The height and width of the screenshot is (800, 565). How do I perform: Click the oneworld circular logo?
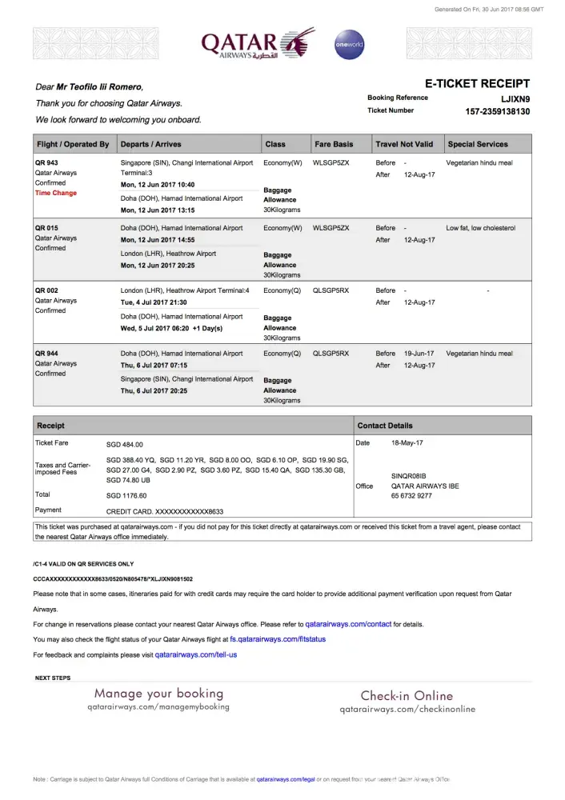click(x=349, y=45)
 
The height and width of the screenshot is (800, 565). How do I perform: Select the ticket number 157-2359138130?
click(x=497, y=111)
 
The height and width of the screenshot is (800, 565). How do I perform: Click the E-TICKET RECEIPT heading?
click(x=476, y=83)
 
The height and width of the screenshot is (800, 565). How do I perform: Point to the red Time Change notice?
click(x=56, y=193)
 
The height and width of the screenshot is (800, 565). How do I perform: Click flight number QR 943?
click(x=46, y=162)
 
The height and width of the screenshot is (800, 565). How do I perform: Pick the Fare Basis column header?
click(x=334, y=145)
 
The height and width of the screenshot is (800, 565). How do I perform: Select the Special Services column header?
click(x=478, y=145)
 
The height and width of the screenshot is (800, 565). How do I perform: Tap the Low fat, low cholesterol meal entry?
click(x=480, y=228)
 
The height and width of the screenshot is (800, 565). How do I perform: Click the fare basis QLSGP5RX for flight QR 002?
click(x=331, y=290)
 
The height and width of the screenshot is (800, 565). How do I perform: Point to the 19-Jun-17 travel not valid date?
click(x=419, y=354)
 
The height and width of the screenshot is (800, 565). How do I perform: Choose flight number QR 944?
click(x=46, y=354)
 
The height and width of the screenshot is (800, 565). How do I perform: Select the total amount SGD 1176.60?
click(x=126, y=495)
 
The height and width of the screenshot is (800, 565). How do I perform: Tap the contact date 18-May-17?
click(x=407, y=442)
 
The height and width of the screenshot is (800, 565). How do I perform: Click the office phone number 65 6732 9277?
click(x=411, y=496)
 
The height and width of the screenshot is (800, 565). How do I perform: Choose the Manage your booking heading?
click(x=158, y=694)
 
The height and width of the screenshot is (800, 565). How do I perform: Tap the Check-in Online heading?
click(x=407, y=696)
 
